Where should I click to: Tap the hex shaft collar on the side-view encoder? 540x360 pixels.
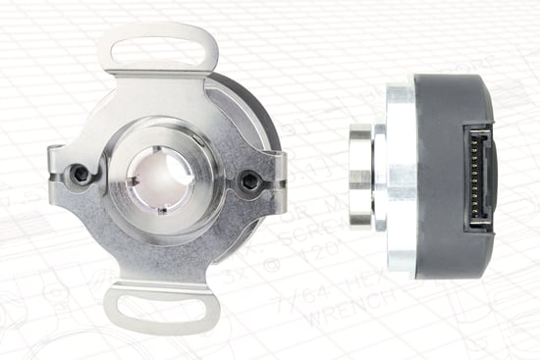[x=360, y=178]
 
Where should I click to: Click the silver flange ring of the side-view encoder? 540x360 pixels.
[x=400, y=178]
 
